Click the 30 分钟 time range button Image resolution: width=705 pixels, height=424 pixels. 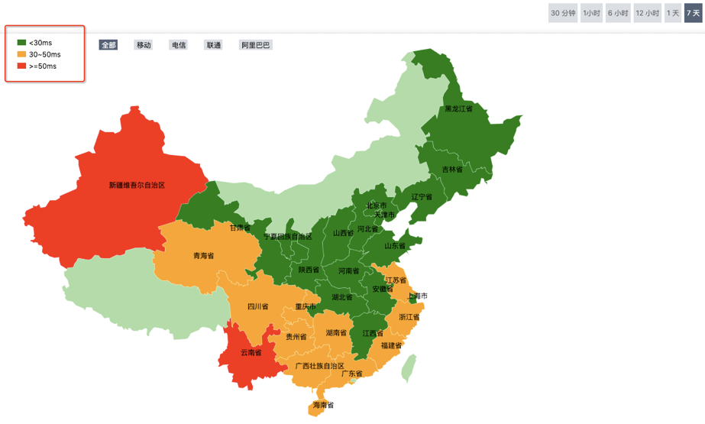[562, 13]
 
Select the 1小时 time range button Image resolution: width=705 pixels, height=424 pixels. [591, 13]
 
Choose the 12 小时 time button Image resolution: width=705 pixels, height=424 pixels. [647, 13]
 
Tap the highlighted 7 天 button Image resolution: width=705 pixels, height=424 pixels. [693, 13]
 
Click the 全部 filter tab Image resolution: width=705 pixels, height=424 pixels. [108, 45]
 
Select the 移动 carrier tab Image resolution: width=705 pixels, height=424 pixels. [144, 45]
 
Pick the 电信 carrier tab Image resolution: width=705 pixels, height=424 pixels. [179, 45]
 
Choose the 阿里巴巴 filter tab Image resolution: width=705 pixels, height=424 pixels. [256, 45]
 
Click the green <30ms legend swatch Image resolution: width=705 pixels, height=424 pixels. [21, 43]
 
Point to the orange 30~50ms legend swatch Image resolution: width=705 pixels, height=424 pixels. [21, 54]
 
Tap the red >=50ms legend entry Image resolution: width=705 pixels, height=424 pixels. [42, 66]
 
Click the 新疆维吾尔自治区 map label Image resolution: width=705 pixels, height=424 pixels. [137, 185]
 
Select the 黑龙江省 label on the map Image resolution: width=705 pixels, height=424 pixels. [458, 108]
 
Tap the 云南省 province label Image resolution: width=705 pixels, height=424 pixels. [251, 352]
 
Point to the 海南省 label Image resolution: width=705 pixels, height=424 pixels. [323, 405]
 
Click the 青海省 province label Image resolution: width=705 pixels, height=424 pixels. [204, 256]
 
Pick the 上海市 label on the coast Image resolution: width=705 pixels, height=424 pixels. [417, 296]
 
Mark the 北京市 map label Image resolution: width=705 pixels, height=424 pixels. [376, 206]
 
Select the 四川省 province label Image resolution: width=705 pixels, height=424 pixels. [257, 306]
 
